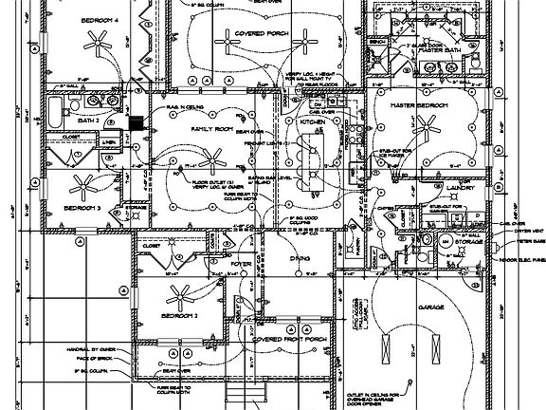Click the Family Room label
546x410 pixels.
pyautogui.click(x=211, y=127)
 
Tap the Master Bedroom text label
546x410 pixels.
pyautogui.click(x=418, y=103)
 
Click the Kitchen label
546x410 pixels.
pyautogui.click(x=313, y=123)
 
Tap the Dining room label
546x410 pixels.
pyautogui.click(x=300, y=257)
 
